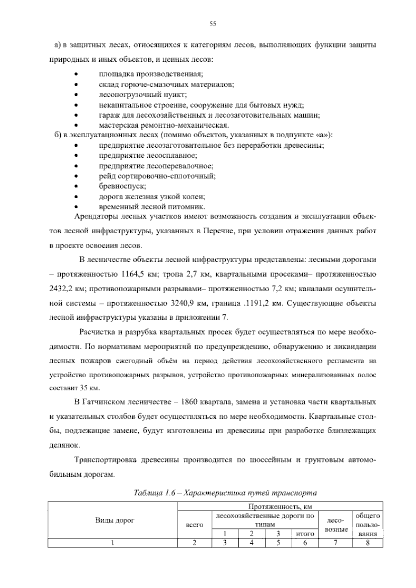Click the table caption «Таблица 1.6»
click(x=156, y=493)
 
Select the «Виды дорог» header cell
click(x=112, y=520)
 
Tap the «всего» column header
click(x=194, y=525)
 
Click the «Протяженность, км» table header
click(x=280, y=507)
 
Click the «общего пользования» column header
click(x=367, y=525)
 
